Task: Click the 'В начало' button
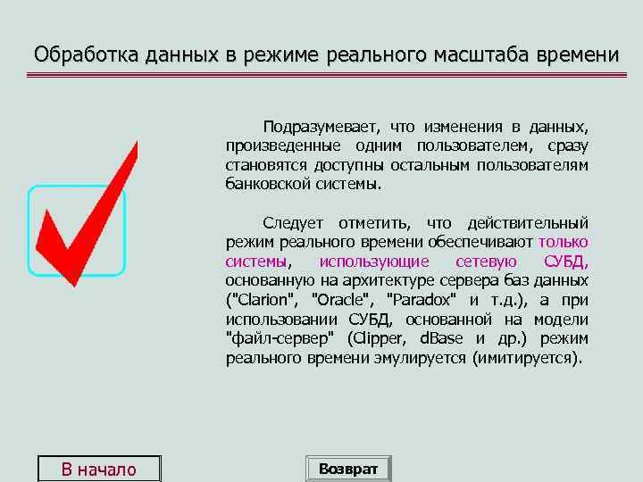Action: [x=98, y=470]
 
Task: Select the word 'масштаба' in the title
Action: [x=476, y=54]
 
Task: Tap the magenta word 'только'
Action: [x=563, y=242]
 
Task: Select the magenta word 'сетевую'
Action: [x=487, y=262]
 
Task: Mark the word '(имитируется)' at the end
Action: [x=531, y=359]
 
